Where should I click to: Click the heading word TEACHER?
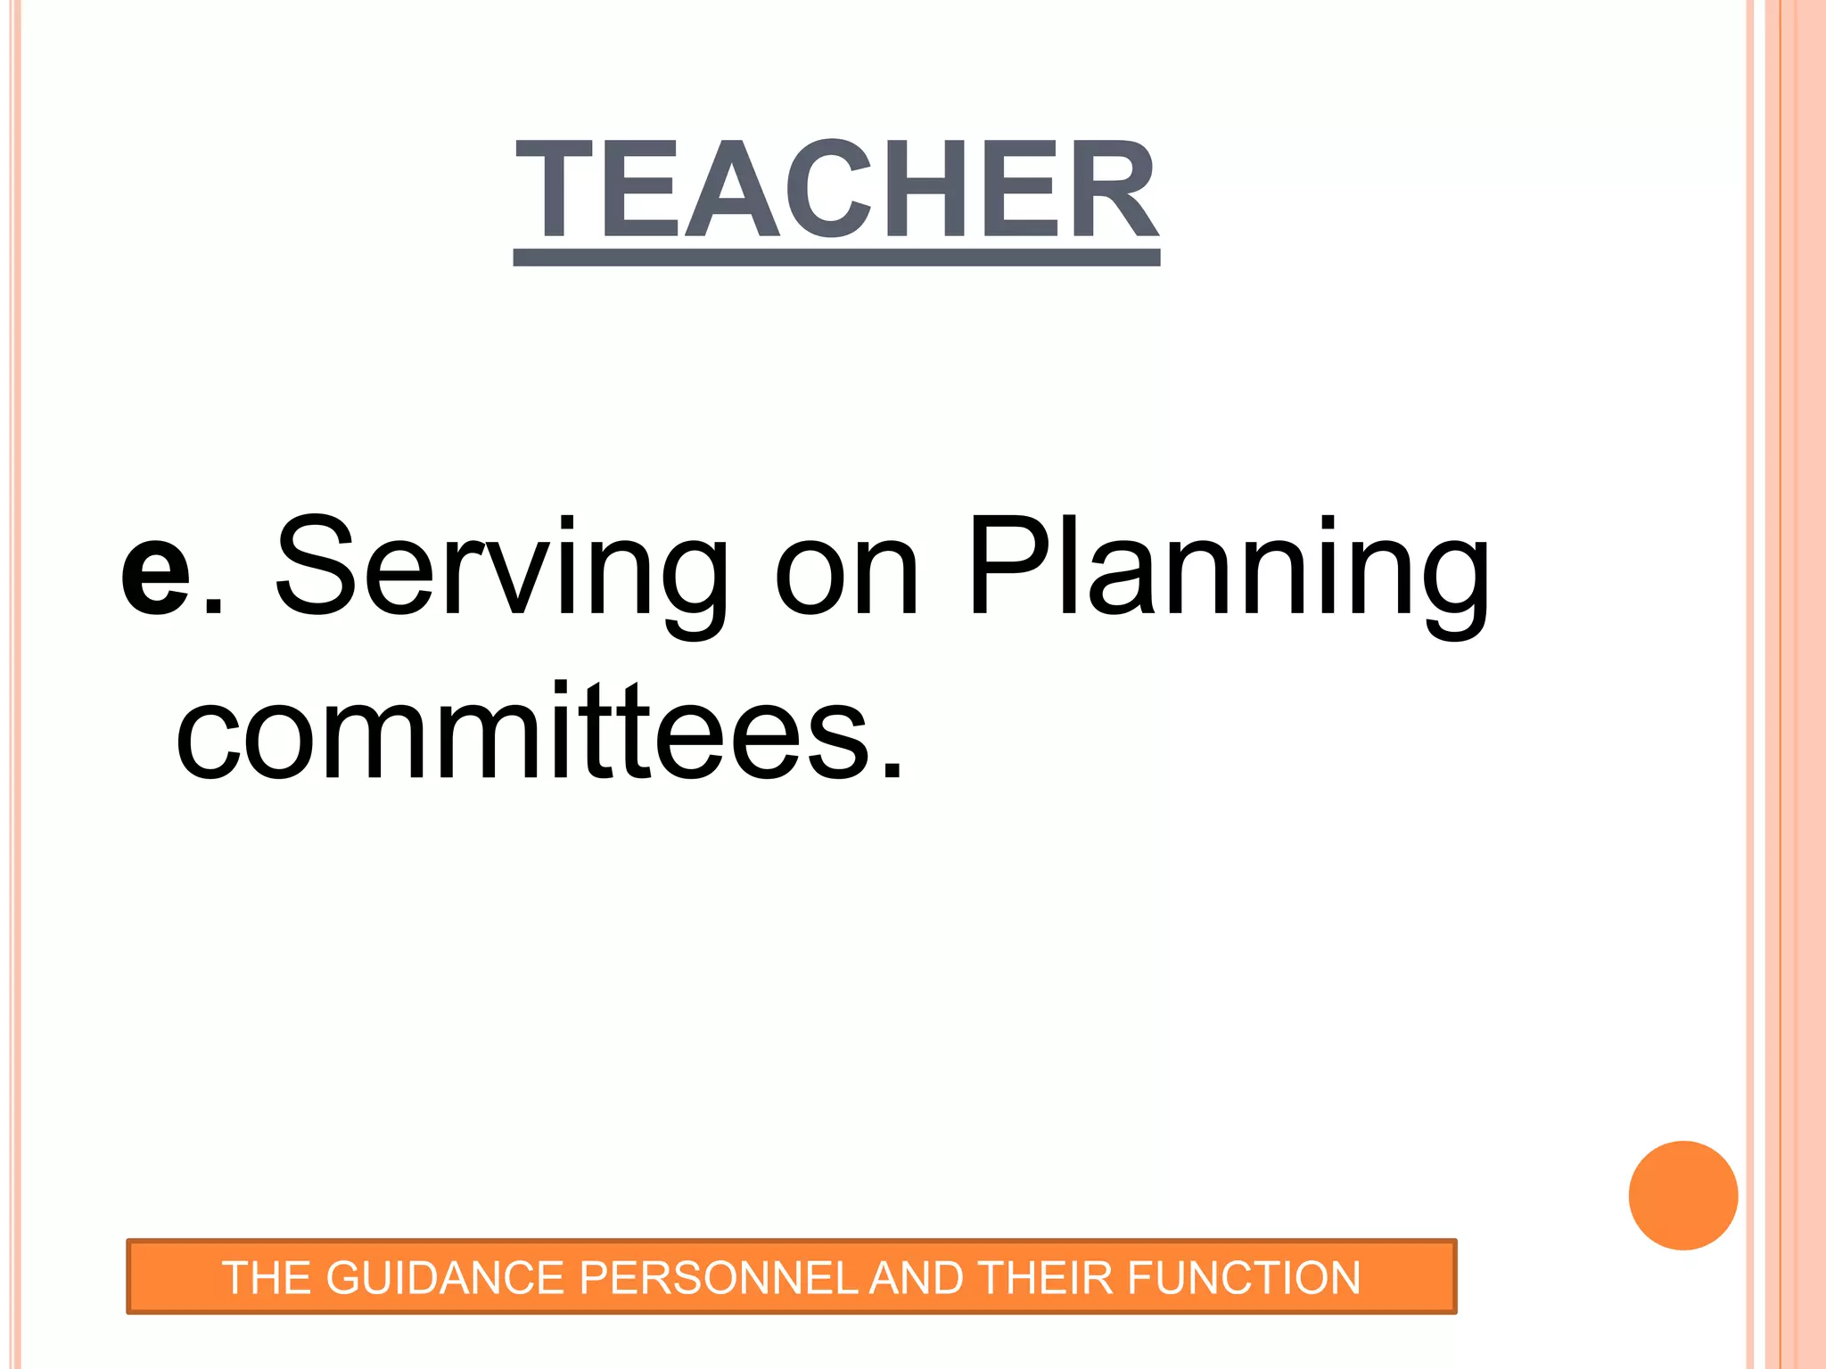tap(836, 190)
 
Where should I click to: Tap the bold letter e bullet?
tap(156, 570)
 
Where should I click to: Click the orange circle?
tap(1682, 1195)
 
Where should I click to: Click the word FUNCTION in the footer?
tap(1244, 1278)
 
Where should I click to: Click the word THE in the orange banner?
tap(267, 1278)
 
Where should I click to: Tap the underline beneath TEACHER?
tap(836, 258)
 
